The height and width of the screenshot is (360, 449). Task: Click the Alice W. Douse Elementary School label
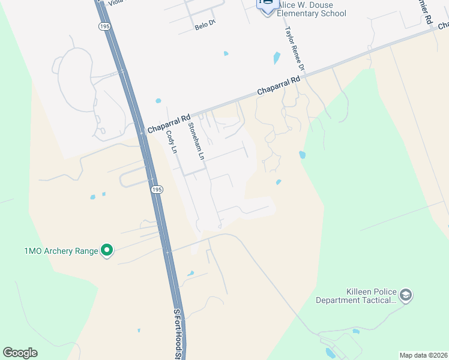click(312, 9)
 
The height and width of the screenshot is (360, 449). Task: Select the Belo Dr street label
click(205, 27)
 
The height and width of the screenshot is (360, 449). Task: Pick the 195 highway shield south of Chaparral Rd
click(156, 189)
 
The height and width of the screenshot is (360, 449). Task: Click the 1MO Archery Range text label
click(61, 251)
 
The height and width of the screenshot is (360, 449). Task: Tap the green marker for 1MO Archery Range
click(107, 250)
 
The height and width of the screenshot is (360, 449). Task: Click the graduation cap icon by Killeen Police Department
click(406, 295)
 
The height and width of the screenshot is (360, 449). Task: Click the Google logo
click(20, 353)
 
